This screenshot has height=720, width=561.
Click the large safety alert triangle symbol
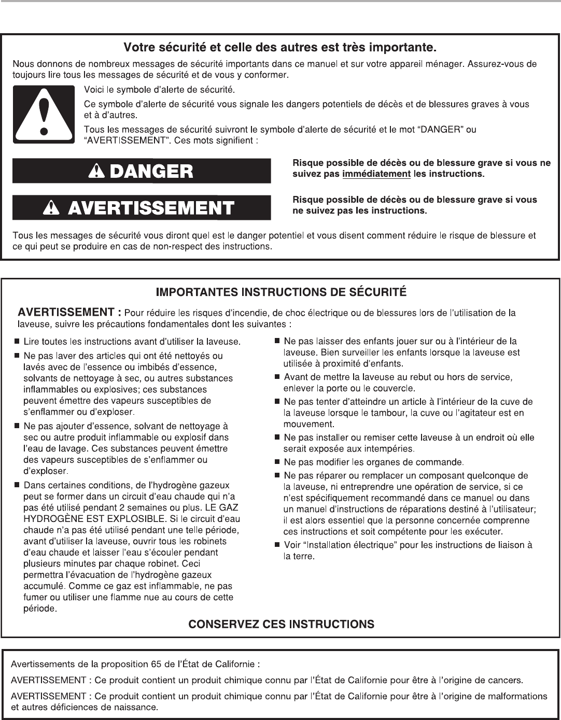[46, 114]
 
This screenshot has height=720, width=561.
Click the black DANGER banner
[142, 171]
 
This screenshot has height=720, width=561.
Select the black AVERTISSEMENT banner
[142, 208]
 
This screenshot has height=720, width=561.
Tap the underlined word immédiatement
[376, 174]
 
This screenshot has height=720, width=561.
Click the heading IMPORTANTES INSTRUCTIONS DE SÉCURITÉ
[281, 292]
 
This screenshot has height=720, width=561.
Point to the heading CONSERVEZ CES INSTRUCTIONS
[281, 624]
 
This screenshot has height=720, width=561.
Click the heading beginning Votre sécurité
[280, 48]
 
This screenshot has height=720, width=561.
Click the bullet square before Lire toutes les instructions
[17, 342]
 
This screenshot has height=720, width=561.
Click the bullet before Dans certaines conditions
[17, 485]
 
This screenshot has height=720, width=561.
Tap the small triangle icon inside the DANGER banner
[95, 172]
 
